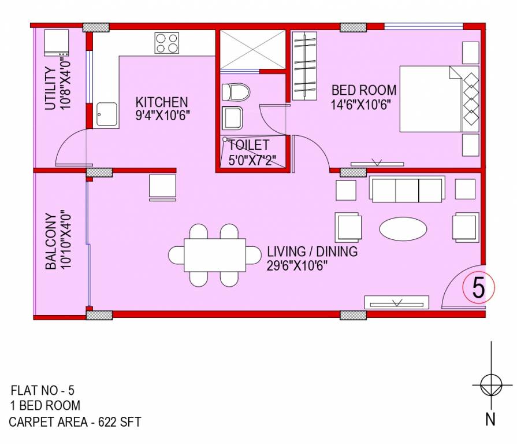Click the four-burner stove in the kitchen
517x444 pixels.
point(166,43)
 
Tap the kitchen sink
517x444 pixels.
point(106,114)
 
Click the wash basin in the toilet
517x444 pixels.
point(234,118)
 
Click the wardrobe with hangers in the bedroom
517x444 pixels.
point(305,65)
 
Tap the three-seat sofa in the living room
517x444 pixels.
point(407,190)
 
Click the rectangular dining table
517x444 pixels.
point(215,254)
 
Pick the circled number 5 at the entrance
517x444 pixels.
point(478,287)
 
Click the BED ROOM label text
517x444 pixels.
point(363,90)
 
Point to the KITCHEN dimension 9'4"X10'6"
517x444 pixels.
point(162,114)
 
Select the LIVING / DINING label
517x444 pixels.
point(312,252)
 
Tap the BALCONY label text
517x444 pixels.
point(51,242)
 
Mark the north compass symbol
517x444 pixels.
point(490,384)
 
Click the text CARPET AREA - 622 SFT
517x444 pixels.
point(75,422)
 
